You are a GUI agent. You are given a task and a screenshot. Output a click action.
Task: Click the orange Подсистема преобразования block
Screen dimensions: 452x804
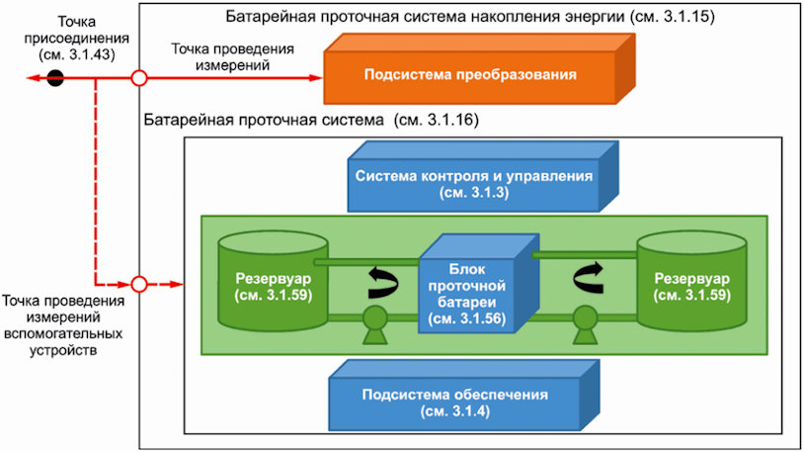tap(469, 74)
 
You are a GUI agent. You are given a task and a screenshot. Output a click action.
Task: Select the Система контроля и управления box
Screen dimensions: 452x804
tap(473, 184)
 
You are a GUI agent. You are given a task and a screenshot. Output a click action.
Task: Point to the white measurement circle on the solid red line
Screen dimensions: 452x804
tap(139, 78)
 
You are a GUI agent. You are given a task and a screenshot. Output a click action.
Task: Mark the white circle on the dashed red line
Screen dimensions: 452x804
tap(139, 285)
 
